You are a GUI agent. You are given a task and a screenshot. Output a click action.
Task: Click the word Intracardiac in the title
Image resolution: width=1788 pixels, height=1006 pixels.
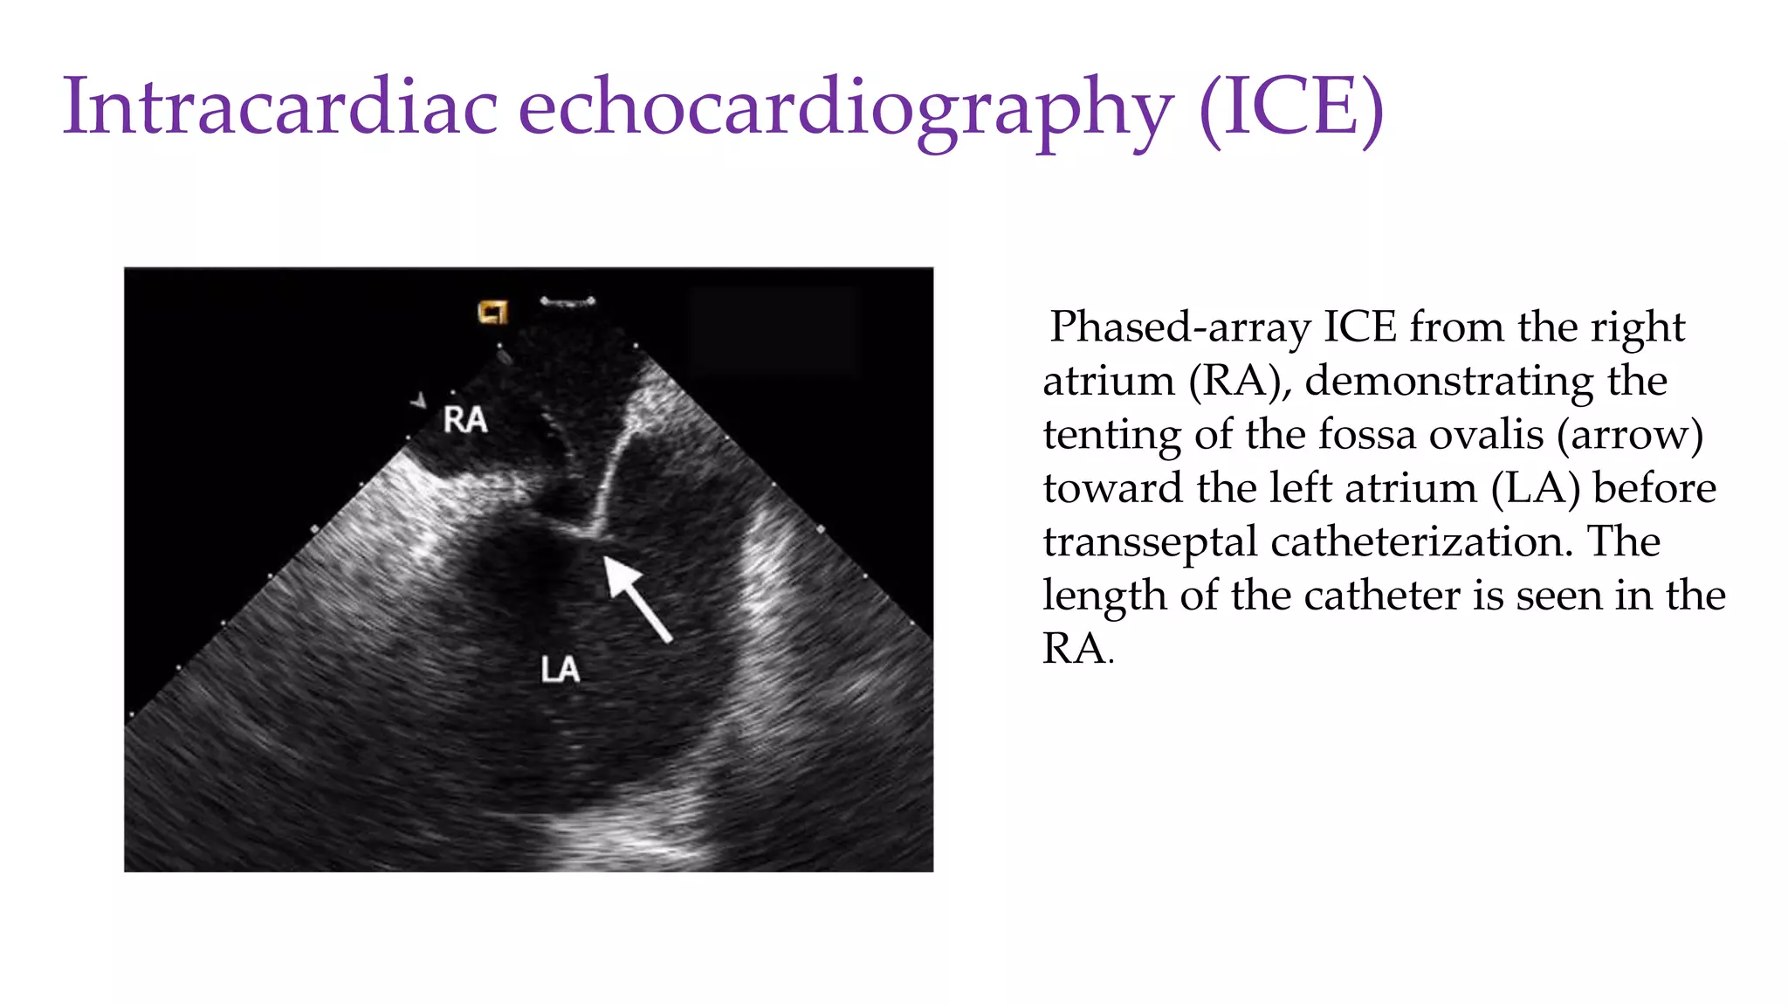point(279,107)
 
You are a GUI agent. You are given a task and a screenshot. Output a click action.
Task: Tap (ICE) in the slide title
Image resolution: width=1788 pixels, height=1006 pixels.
point(1290,107)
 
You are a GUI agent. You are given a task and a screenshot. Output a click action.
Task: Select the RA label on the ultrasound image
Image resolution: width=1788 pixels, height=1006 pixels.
point(464,420)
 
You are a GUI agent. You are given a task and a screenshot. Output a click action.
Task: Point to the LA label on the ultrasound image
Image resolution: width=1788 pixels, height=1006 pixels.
point(560,670)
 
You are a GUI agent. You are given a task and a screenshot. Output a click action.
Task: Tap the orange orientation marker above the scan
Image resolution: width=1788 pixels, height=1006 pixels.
point(492,312)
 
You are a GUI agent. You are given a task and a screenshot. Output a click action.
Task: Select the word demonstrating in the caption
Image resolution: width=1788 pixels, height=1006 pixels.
point(1485,381)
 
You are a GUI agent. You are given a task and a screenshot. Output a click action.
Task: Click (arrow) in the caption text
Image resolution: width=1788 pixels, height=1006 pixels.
point(1630,434)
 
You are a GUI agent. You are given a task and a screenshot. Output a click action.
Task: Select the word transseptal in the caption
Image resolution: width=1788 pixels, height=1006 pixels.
point(1150,541)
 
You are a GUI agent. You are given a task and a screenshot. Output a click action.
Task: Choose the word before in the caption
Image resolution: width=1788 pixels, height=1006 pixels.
point(1654,488)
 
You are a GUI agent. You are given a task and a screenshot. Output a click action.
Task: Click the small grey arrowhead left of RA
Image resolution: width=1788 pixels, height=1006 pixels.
point(420,401)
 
